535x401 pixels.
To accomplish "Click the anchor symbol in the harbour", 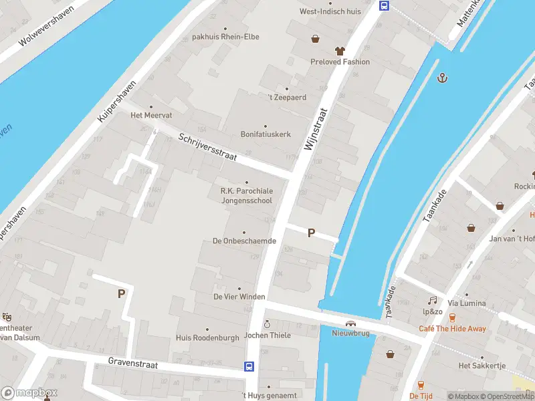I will [x=441, y=78].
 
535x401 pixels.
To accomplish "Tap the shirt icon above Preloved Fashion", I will [x=340, y=51].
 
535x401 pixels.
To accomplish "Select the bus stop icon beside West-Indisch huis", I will [x=385, y=6].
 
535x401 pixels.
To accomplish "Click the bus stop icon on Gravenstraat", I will [x=249, y=366].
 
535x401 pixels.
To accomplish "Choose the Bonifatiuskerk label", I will [x=265, y=134].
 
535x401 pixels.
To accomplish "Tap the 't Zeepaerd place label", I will [x=287, y=98].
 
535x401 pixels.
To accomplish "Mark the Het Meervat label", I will [x=150, y=115].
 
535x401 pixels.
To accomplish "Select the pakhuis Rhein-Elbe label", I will [x=225, y=37].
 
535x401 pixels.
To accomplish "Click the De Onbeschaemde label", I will [x=244, y=241].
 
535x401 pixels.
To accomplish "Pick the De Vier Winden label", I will [x=239, y=296].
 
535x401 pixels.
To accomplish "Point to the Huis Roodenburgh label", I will [x=207, y=338].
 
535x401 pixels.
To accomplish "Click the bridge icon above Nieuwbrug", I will [x=350, y=323].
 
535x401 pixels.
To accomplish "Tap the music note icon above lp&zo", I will [x=433, y=301].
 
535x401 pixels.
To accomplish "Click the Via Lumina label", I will [x=467, y=303].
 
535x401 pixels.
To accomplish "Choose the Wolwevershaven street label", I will [x=45, y=30].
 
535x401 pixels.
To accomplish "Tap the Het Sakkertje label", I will [x=481, y=366].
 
